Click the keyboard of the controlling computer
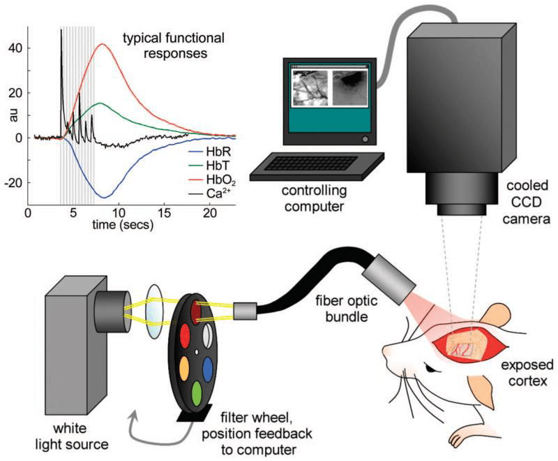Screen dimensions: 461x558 tap(316, 165)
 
